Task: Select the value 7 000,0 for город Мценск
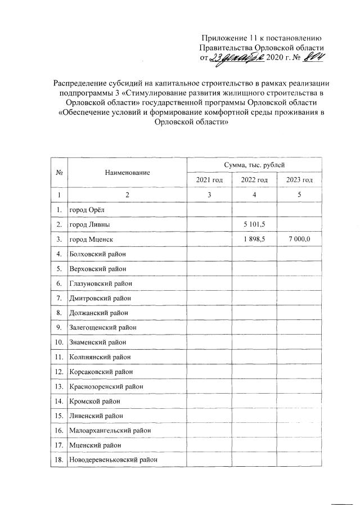pos(299,240)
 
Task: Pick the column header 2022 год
pos(254,179)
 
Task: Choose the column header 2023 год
pos(299,179)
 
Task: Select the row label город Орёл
pos(87,210)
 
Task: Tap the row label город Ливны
pos(89,225)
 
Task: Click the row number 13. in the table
pos(59,386)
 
